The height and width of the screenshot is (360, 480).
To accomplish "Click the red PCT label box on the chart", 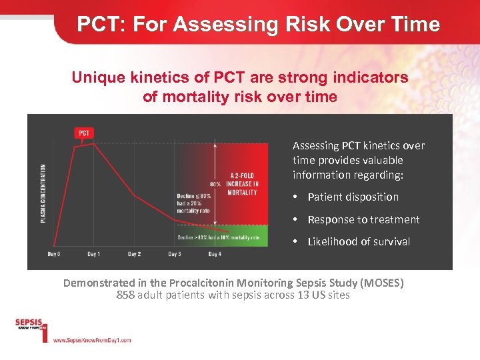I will [84, 133].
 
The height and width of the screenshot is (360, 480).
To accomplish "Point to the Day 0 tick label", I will [53, 254].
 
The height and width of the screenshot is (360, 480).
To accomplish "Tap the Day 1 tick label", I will [93, 254].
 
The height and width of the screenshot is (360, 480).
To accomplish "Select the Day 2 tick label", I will [134, 254].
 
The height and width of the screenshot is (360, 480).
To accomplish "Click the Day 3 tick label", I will [175, 254].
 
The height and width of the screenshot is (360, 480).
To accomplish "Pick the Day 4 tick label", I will [215, 254].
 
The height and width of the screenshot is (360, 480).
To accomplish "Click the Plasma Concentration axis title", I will [43, 193].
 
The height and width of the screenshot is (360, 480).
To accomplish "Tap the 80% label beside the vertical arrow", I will [215, 184].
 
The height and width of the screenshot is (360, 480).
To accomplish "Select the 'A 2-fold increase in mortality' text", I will [242, 184].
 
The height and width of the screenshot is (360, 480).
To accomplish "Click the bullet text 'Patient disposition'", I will [353, 197].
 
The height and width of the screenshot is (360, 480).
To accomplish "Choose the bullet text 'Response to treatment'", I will [363, 219].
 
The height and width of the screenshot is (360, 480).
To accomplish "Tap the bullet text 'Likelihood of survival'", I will [359, 241].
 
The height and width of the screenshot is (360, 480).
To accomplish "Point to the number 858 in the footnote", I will [125, 295].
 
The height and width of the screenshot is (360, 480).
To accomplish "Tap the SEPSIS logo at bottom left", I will [29, 325].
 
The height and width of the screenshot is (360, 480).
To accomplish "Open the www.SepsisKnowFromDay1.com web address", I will [91, 340].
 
